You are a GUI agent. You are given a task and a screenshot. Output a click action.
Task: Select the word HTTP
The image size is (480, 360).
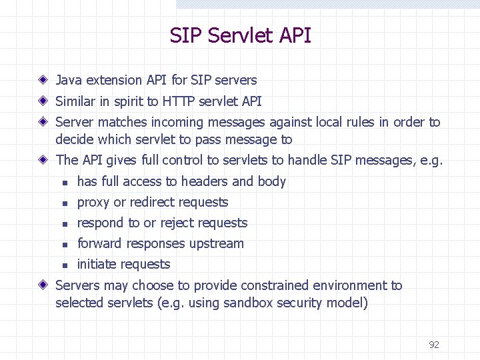point(179,101)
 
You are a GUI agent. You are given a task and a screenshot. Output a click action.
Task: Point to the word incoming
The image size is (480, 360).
point(177,123)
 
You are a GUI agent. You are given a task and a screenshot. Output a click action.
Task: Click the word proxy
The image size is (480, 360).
point(93,203)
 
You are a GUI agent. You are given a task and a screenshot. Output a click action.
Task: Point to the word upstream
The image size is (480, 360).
point(217,244)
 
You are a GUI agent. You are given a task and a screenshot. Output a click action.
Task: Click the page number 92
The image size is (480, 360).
point(434,345)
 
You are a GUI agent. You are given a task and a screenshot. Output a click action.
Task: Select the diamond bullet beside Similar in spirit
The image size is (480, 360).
point(43,101)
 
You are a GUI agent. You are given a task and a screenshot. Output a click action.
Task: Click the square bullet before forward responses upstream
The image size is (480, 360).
point(65,244)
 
